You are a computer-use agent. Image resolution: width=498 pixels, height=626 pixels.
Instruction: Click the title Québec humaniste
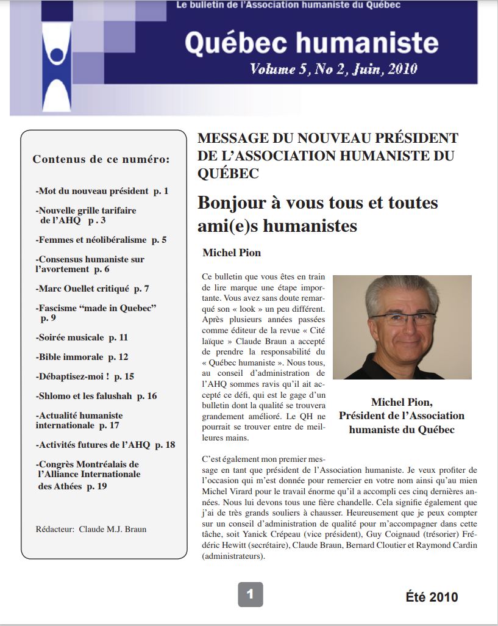click(311, 42)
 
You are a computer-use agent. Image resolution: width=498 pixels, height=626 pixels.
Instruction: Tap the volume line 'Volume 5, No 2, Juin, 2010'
click(333, 69)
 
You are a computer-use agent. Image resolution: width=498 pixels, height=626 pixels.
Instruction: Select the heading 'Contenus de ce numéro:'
click(101, 160)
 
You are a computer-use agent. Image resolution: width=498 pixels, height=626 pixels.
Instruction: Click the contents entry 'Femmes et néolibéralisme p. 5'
click(101, 240)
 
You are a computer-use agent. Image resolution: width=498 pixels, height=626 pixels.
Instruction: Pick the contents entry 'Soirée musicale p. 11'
click(82, 337)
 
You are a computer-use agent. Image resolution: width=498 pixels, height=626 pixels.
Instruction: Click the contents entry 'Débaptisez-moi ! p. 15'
click(85, 376)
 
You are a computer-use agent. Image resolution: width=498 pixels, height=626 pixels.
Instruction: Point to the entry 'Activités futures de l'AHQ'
click(105, 445)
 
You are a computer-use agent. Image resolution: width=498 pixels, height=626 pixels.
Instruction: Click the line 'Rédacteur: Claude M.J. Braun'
click(91, 529)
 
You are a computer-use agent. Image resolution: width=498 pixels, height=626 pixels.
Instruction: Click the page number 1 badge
click(250, 594)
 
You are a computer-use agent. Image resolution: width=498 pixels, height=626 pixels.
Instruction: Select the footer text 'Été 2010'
click(432, 597)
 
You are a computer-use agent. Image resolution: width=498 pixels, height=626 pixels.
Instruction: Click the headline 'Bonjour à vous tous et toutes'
click(318, 203)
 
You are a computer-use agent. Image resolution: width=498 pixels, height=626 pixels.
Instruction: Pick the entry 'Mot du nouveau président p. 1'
click(102, 191)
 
